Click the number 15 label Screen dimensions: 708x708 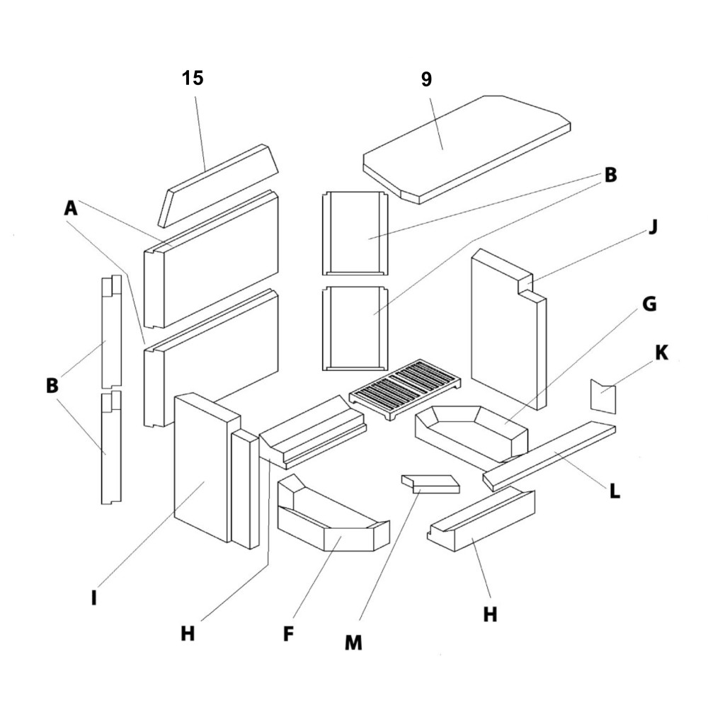click(x=193, y=78)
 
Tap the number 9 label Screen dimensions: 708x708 click(x=426, y=79)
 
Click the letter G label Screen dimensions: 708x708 click(x=649, y=304)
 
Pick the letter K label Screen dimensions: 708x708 click(x=661, y=352)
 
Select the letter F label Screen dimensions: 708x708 click(x=288, y=633)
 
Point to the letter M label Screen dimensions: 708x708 click(x=353, y=642)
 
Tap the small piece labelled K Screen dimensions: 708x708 click(x=603, y=396)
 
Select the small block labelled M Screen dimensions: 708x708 click(x=430, y=484)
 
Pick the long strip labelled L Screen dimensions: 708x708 click(x=549, y=453)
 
